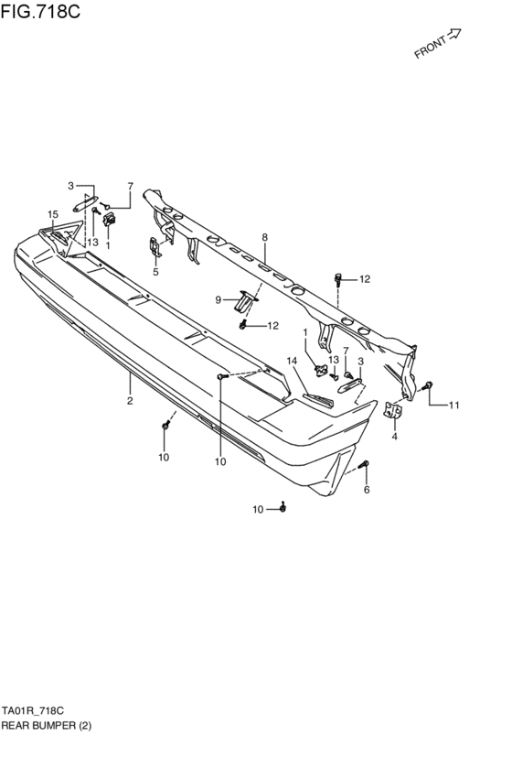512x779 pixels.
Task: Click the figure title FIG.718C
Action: coord(40,11)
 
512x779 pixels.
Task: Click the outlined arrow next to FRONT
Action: coord(454,34)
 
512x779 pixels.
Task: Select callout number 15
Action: coord(53,214)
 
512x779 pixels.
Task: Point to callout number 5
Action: coord(155,272)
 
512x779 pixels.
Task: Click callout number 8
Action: coord(265,237)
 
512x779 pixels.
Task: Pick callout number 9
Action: coord(219,300)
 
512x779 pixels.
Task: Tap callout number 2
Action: coord(130,400)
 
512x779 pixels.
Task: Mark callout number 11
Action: coord(454,406)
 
